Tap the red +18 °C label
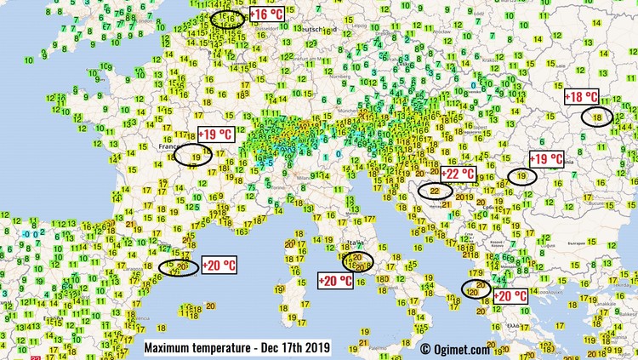(582, 97)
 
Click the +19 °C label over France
(214, 134)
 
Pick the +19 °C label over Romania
(546, 159)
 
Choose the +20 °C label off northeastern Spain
(219, 265)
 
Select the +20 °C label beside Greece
(510, 296)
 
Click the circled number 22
(436, 191)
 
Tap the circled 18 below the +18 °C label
(598, 117)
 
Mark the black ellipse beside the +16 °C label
(227, 17)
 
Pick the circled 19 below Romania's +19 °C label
(520, 176)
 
